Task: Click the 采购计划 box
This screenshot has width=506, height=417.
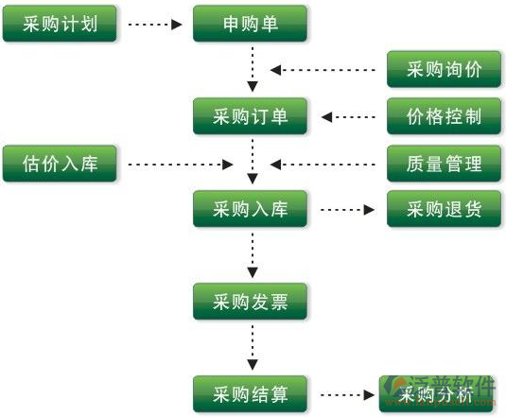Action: coord(60,24)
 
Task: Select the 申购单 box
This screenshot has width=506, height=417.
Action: coord(251,24)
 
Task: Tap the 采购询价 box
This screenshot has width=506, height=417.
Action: coord(445,69)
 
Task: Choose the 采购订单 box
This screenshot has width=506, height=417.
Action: coord(251,116)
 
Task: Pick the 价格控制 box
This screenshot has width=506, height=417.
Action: coord(445,116)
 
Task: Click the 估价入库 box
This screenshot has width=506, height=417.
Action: coord(60,164)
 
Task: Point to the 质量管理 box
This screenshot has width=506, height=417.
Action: coord(445,164)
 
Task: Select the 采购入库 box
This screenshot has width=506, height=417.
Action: coord(251,209)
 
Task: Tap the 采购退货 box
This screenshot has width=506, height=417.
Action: coord(445,209)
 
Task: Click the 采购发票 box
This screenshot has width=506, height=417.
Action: coord(251,302)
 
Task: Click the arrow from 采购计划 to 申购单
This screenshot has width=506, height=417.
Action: coord(154,24)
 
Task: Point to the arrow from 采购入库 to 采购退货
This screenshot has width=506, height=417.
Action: coord(347,209)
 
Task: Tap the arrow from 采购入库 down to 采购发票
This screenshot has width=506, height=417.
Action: coord(252,255)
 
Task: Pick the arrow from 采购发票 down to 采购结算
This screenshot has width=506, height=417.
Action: coord(252,347)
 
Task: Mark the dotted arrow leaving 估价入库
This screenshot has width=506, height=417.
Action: coord(180,165)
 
